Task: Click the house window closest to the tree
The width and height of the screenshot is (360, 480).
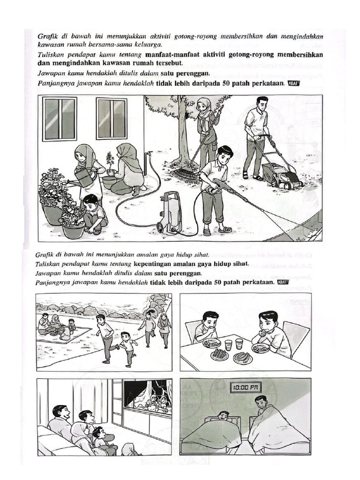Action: point(112,118)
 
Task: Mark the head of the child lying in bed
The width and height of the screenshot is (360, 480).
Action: point(224,416)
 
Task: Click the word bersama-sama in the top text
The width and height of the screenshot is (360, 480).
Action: point(102,45)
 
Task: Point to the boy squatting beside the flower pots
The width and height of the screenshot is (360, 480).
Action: point(94,213)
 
